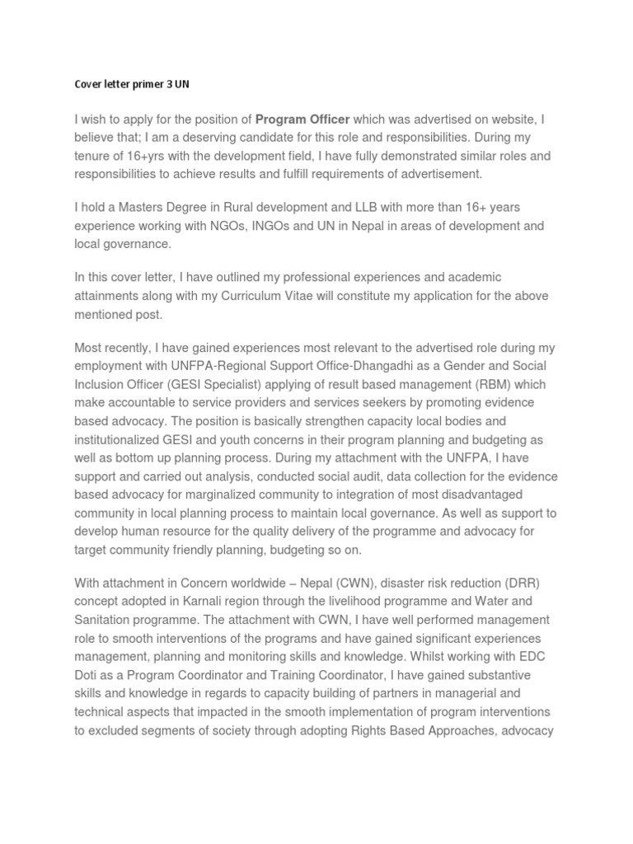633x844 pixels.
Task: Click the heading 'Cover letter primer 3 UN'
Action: [x=132, y=85]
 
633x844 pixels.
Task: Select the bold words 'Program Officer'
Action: [x=302, y=120]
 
